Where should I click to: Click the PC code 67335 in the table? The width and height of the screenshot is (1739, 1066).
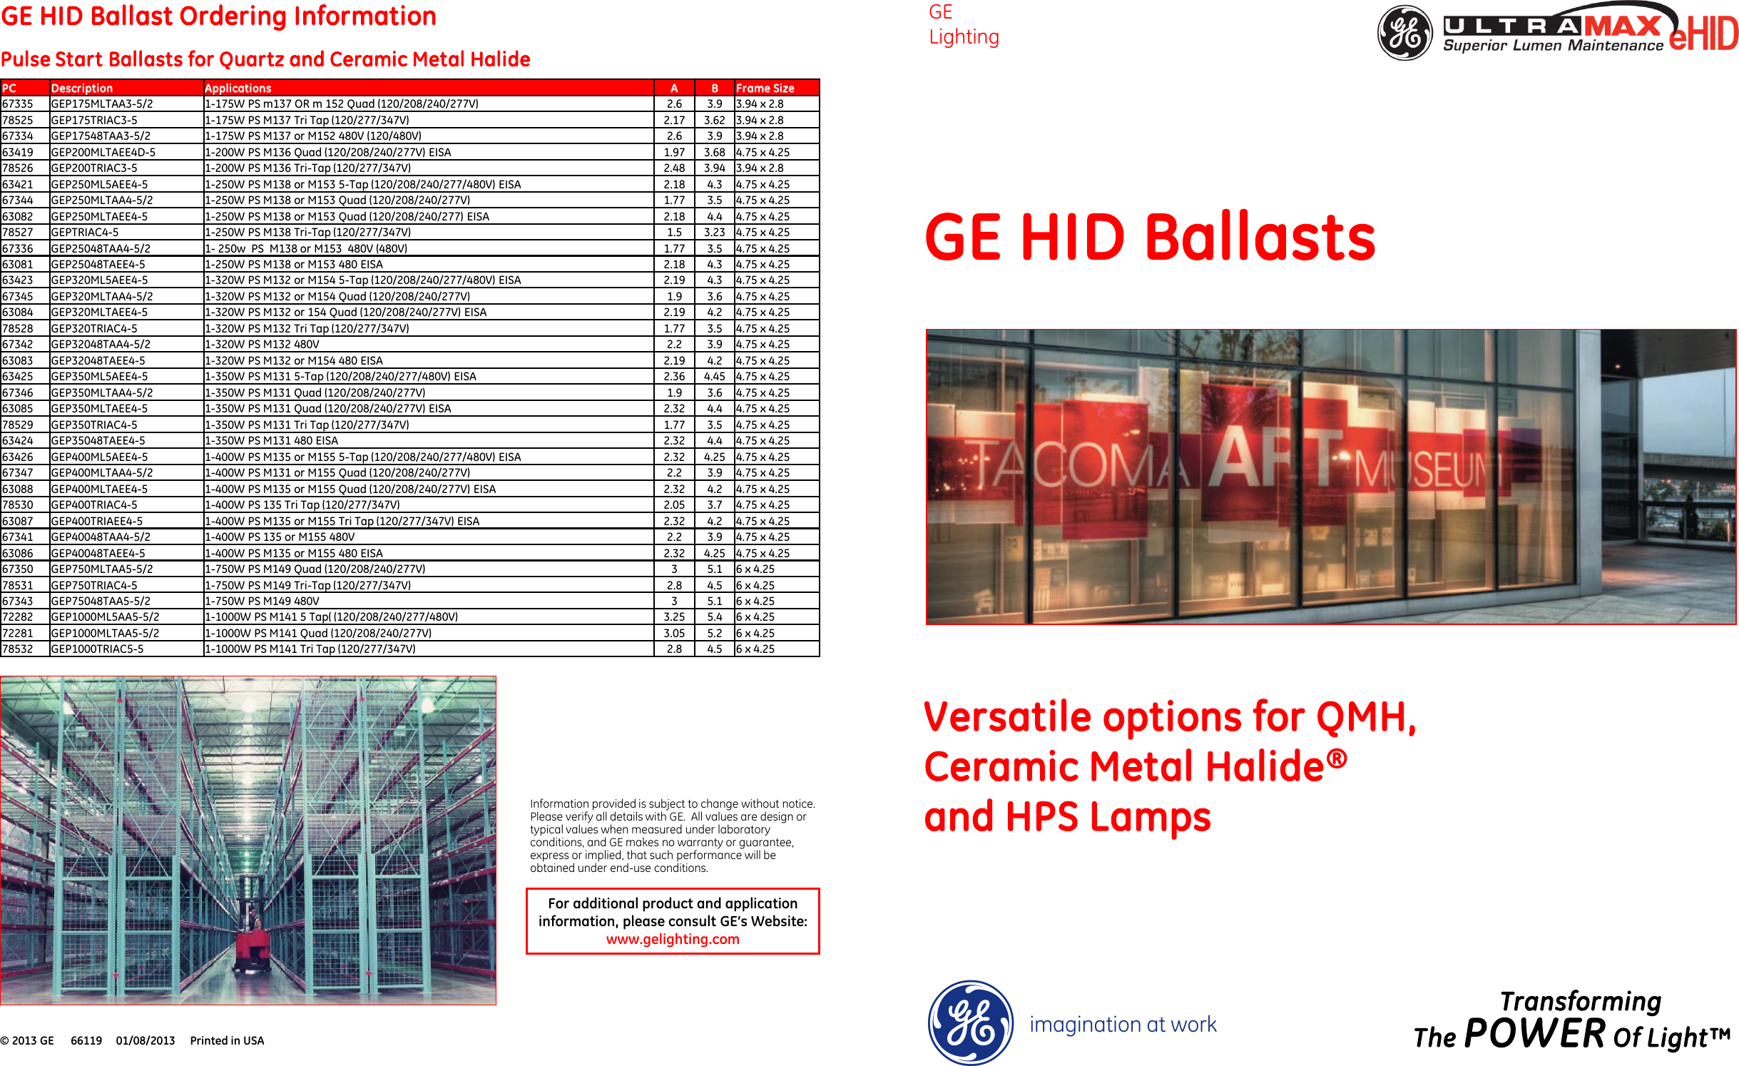[x=18, y=104]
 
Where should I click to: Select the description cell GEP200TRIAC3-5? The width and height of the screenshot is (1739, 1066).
[x=94, y=168]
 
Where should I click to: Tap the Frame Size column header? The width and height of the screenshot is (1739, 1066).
[x=765, y=88]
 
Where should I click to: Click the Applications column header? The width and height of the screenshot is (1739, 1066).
[x=238, y=88]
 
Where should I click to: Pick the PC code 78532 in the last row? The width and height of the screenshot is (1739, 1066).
[x=18, y=649]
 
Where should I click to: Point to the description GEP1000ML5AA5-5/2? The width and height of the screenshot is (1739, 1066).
[x=105, y=617]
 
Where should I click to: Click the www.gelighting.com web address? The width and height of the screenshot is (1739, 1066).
[x=673, y=940]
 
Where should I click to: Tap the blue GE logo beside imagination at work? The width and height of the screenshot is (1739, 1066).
[x=970, y=1022]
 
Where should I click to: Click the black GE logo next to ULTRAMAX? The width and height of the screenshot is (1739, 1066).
[x=1404, y=33]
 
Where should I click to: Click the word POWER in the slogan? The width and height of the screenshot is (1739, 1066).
[x=1534, y=1033]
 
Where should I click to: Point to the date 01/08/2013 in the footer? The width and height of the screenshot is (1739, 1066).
[x=146, y=1041]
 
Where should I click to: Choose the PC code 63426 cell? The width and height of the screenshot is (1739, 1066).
[x=18, y=457]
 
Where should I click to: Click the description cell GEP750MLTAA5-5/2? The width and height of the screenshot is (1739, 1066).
[x=102, y=569]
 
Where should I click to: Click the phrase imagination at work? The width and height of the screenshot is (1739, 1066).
[x=1123, y=1025]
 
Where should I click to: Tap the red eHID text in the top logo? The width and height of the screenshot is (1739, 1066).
[x=1703, y=34]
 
